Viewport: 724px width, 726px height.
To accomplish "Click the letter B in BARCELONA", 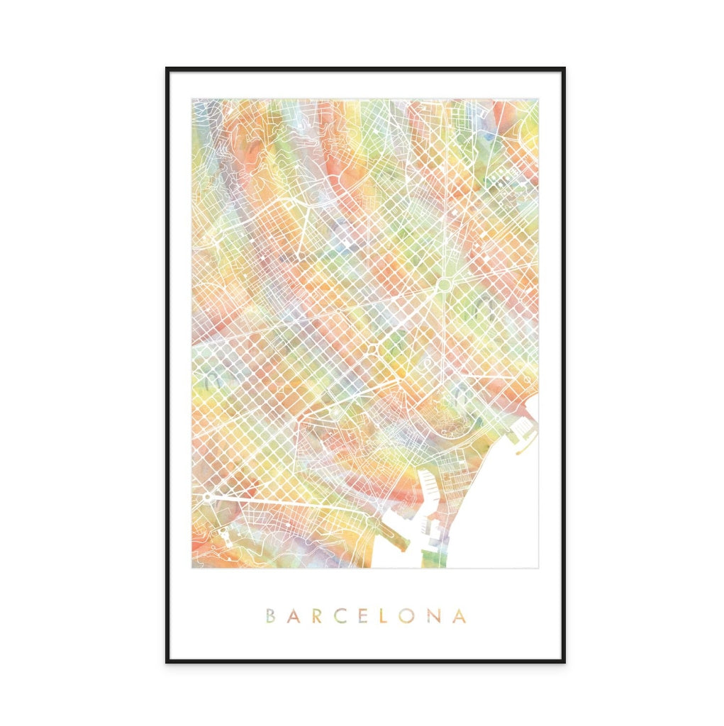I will pos(270,615).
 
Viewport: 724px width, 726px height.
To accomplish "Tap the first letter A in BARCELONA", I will pos(293,615).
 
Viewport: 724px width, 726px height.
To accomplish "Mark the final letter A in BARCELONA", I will pos(460,615).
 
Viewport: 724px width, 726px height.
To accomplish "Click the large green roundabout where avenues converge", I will pos(445,285).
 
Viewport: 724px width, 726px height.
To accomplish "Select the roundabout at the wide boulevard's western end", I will pos(206,498).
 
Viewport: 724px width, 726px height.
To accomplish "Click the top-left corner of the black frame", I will pos(167,69).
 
